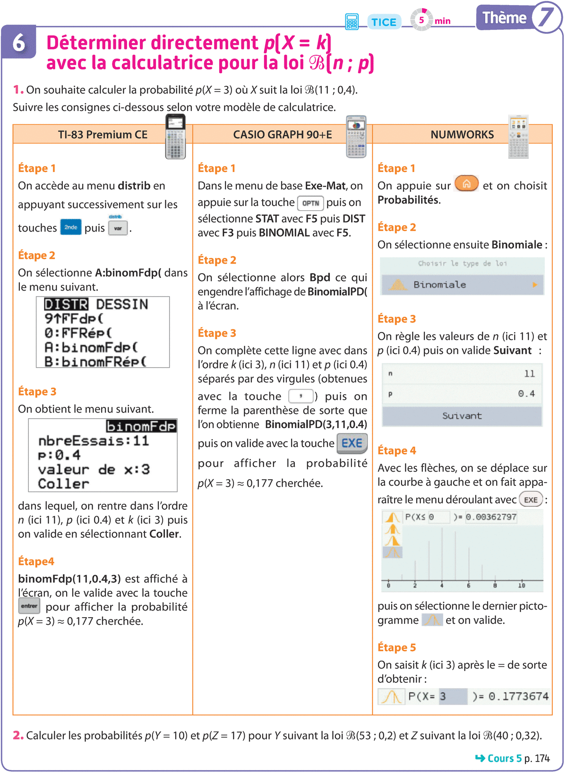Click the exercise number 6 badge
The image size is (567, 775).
[18, 43]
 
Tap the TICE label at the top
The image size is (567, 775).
[384, 22]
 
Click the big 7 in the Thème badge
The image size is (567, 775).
[546, 17]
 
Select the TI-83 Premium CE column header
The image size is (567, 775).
[103, 135]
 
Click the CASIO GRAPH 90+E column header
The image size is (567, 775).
[282, 135]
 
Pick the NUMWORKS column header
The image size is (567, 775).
[462, 135]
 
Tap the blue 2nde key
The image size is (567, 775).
[71, 227]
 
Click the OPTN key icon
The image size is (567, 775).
[310, 203]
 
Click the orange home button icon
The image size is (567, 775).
[466, 184]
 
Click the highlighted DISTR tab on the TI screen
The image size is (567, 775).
[66, 304]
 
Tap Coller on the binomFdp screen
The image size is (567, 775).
[63, 484]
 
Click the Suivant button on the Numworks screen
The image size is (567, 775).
[462, 416]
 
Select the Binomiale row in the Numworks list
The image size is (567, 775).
[462, 284]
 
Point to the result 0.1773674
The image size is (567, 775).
[518, 696]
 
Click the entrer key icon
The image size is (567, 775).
[29, 606]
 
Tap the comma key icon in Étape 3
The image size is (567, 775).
[301, 396]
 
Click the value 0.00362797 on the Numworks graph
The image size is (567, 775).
[491, 517]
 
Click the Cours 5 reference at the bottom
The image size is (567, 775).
[504, 758]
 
